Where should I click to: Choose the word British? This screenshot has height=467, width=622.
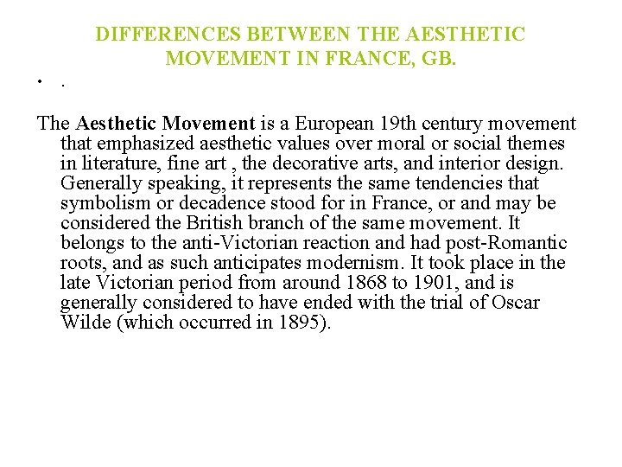coord(232,223)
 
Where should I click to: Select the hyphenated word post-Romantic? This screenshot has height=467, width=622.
coord(510,243)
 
